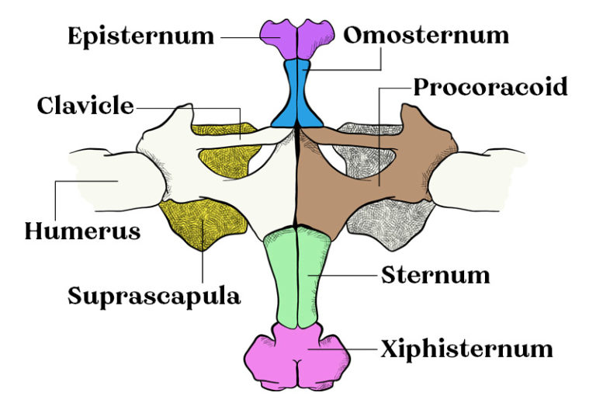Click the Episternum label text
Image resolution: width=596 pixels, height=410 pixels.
(x=140, y=36)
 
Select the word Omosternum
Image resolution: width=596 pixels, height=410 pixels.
(x=426, y=35)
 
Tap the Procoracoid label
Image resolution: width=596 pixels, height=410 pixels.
(x=490, y=85)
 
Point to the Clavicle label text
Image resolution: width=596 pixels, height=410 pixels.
(x=85, y=106)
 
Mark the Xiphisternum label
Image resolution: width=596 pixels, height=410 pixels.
(x=466, y=349)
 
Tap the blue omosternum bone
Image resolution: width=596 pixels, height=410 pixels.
(x=298, y=97)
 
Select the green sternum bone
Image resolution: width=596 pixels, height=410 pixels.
(x=299, y=276)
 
